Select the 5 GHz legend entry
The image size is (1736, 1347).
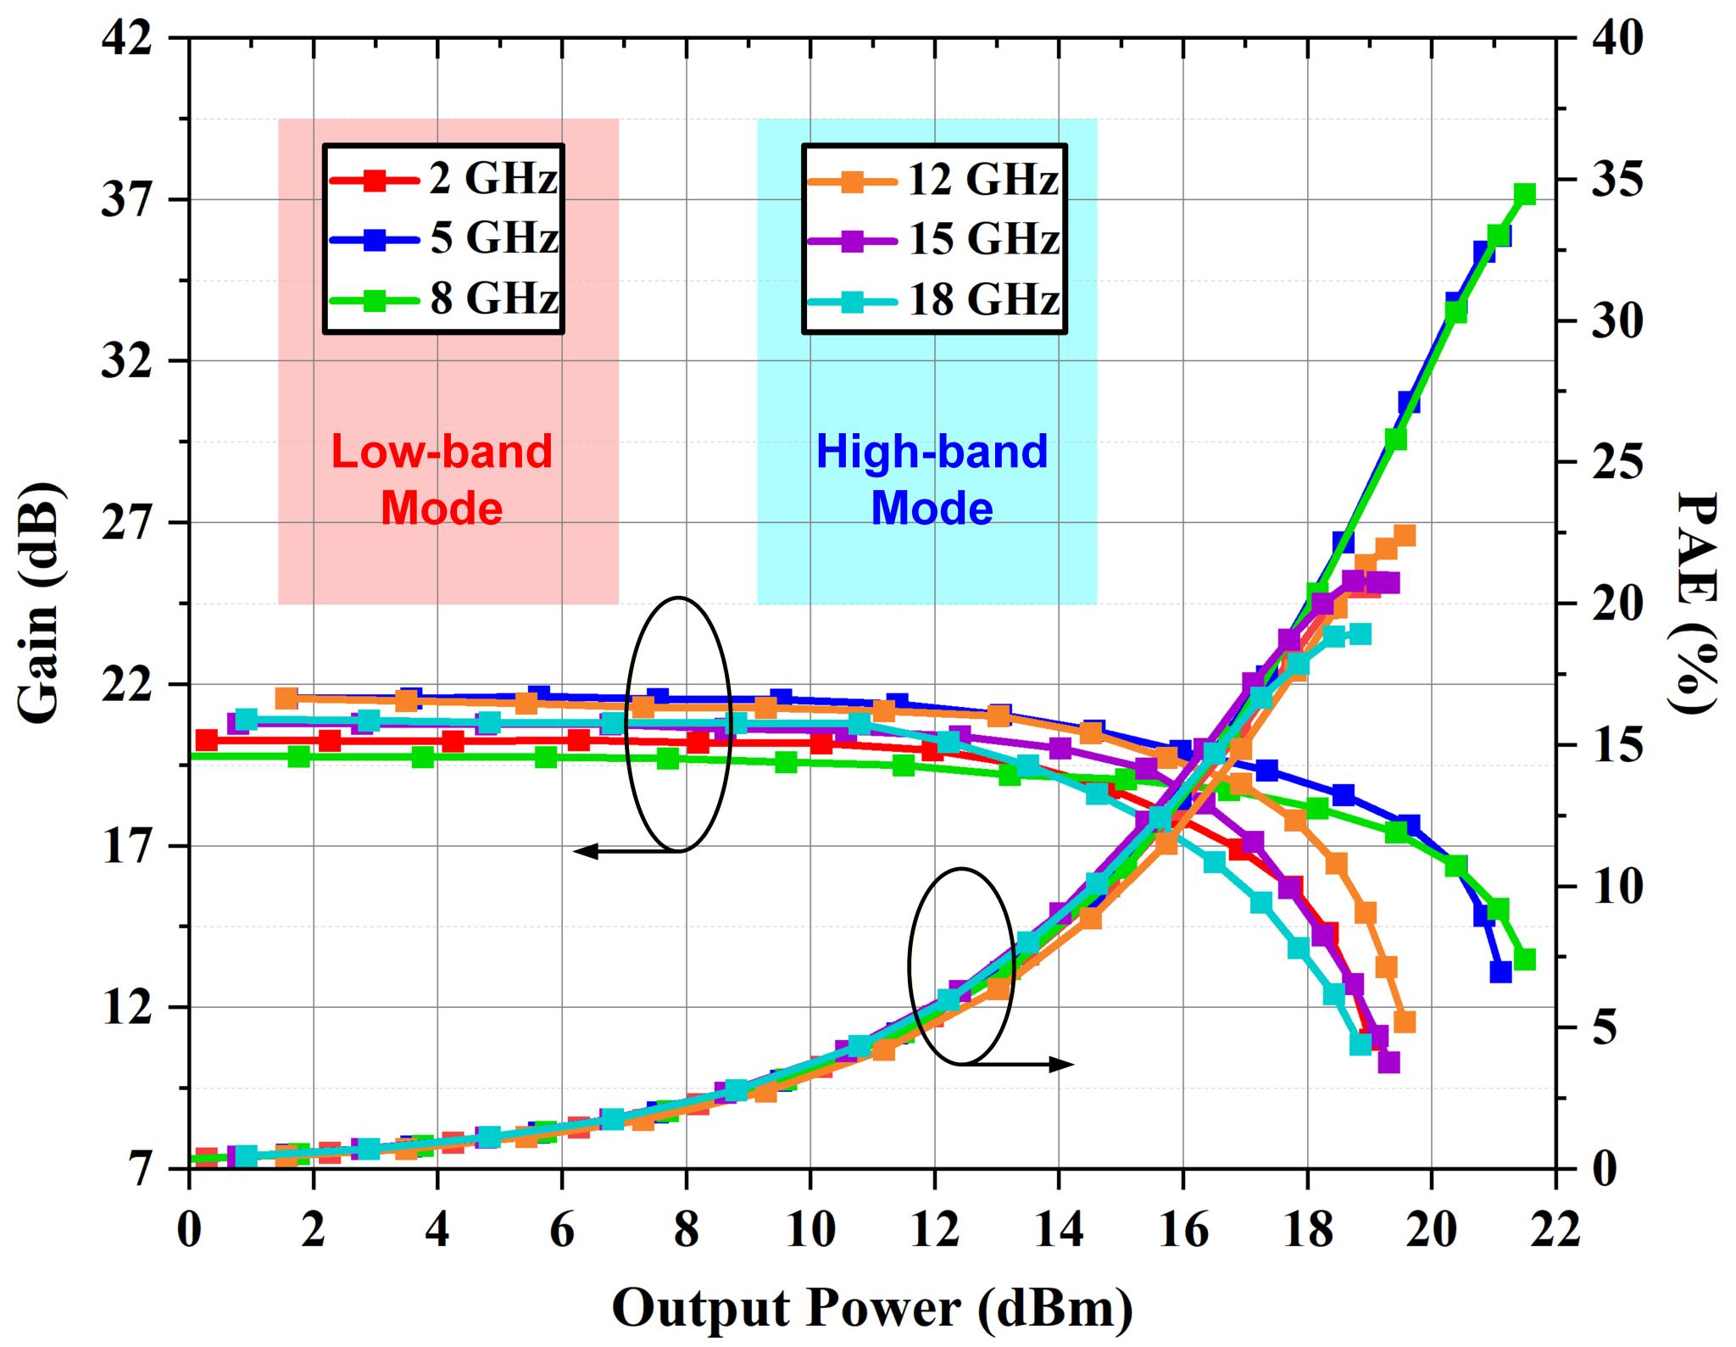coord(442,239)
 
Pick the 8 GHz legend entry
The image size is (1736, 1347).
coord(442,299)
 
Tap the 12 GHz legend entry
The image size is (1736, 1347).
coord(932,180)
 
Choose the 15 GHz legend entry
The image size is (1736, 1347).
coord(932,240)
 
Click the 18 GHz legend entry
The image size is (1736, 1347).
coord(932,300)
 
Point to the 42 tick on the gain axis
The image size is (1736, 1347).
coord(127,39)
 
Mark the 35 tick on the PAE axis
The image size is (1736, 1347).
coord(1614,181)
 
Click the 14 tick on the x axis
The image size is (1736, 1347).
coord(1059,1230)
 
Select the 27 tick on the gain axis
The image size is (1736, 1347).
coord(127,523)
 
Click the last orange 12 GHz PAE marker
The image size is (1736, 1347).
coord(1405,536)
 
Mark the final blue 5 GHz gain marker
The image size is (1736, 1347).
coord(1501,972)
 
